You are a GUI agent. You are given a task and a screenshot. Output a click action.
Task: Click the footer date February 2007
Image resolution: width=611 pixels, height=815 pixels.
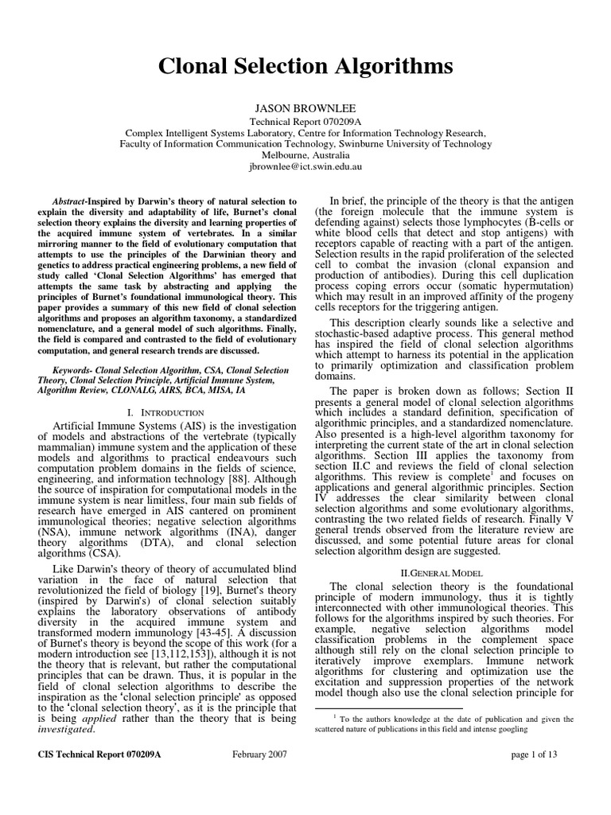click(x=260, y=776)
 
